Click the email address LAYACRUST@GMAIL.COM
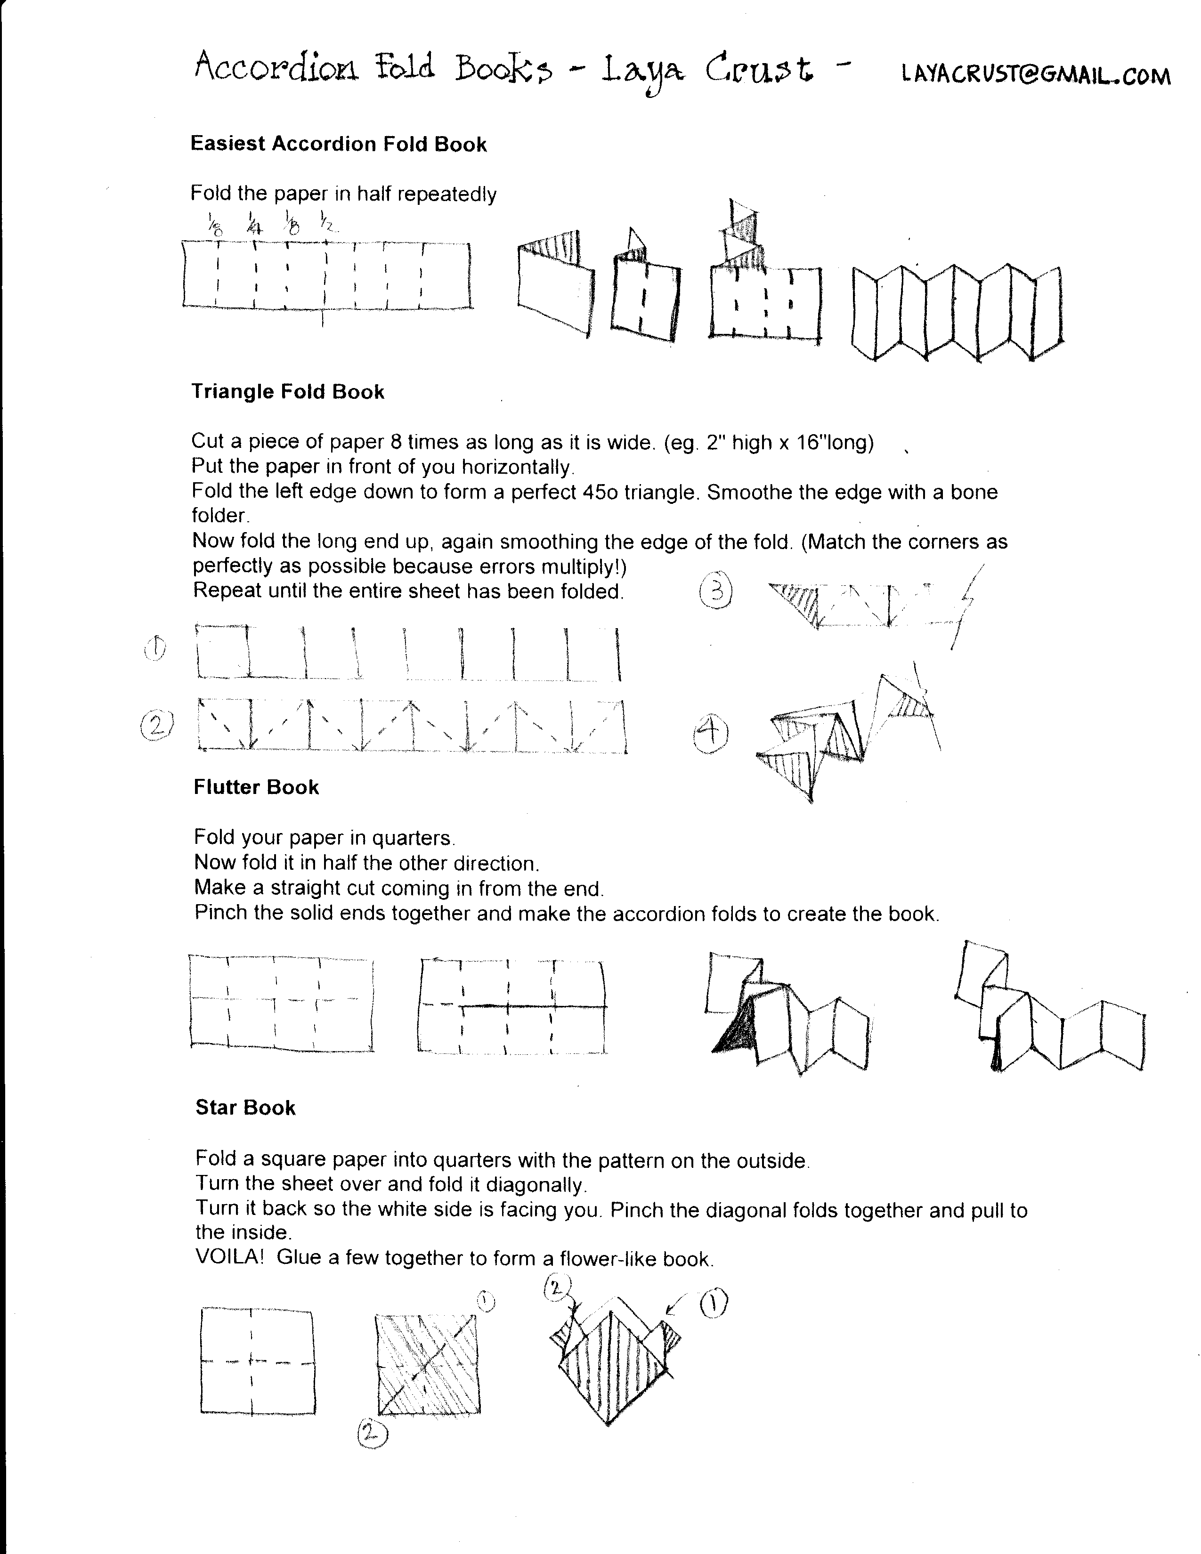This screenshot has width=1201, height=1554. (x=1035, y=75)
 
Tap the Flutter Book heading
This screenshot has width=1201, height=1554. (x=256, y=787)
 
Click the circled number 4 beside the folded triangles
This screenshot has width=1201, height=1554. (x=711, y=734)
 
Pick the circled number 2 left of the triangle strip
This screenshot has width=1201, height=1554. (x=158, y=725)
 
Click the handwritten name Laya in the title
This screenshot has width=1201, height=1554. (x=642, y=71)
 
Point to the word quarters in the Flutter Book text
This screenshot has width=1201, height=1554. (x=412, y=837)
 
